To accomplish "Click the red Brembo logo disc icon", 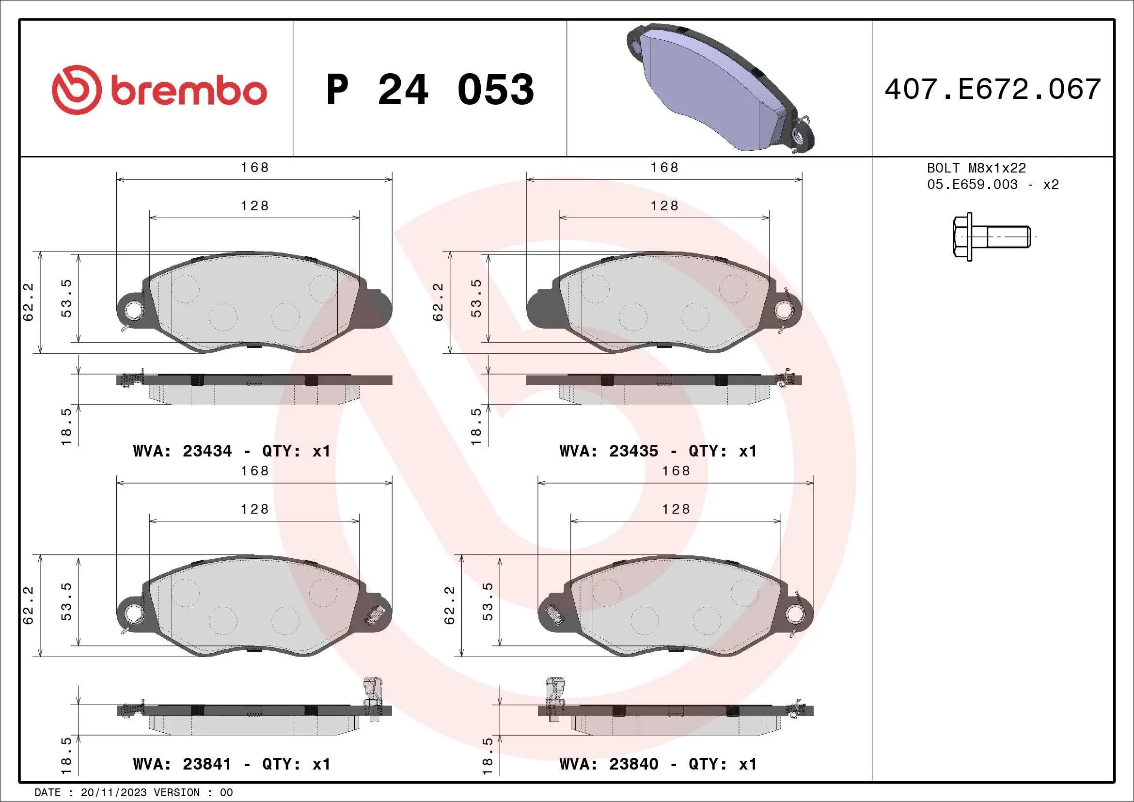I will pos(77,90).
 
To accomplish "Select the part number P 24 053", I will pos(430,90).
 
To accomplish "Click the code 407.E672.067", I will pos(993,89).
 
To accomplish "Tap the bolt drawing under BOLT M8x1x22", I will pos(990,236).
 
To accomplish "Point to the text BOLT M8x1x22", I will pos(976,168).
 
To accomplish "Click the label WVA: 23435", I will pos(609,451).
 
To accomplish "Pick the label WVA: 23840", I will pos(609,764).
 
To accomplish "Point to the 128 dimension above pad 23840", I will pos(676,509).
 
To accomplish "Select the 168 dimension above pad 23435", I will pos(664,168).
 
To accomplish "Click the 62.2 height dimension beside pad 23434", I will pos(28,302).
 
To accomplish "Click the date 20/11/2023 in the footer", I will pos(113,793).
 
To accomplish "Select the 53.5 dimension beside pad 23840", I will pos(487,601).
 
